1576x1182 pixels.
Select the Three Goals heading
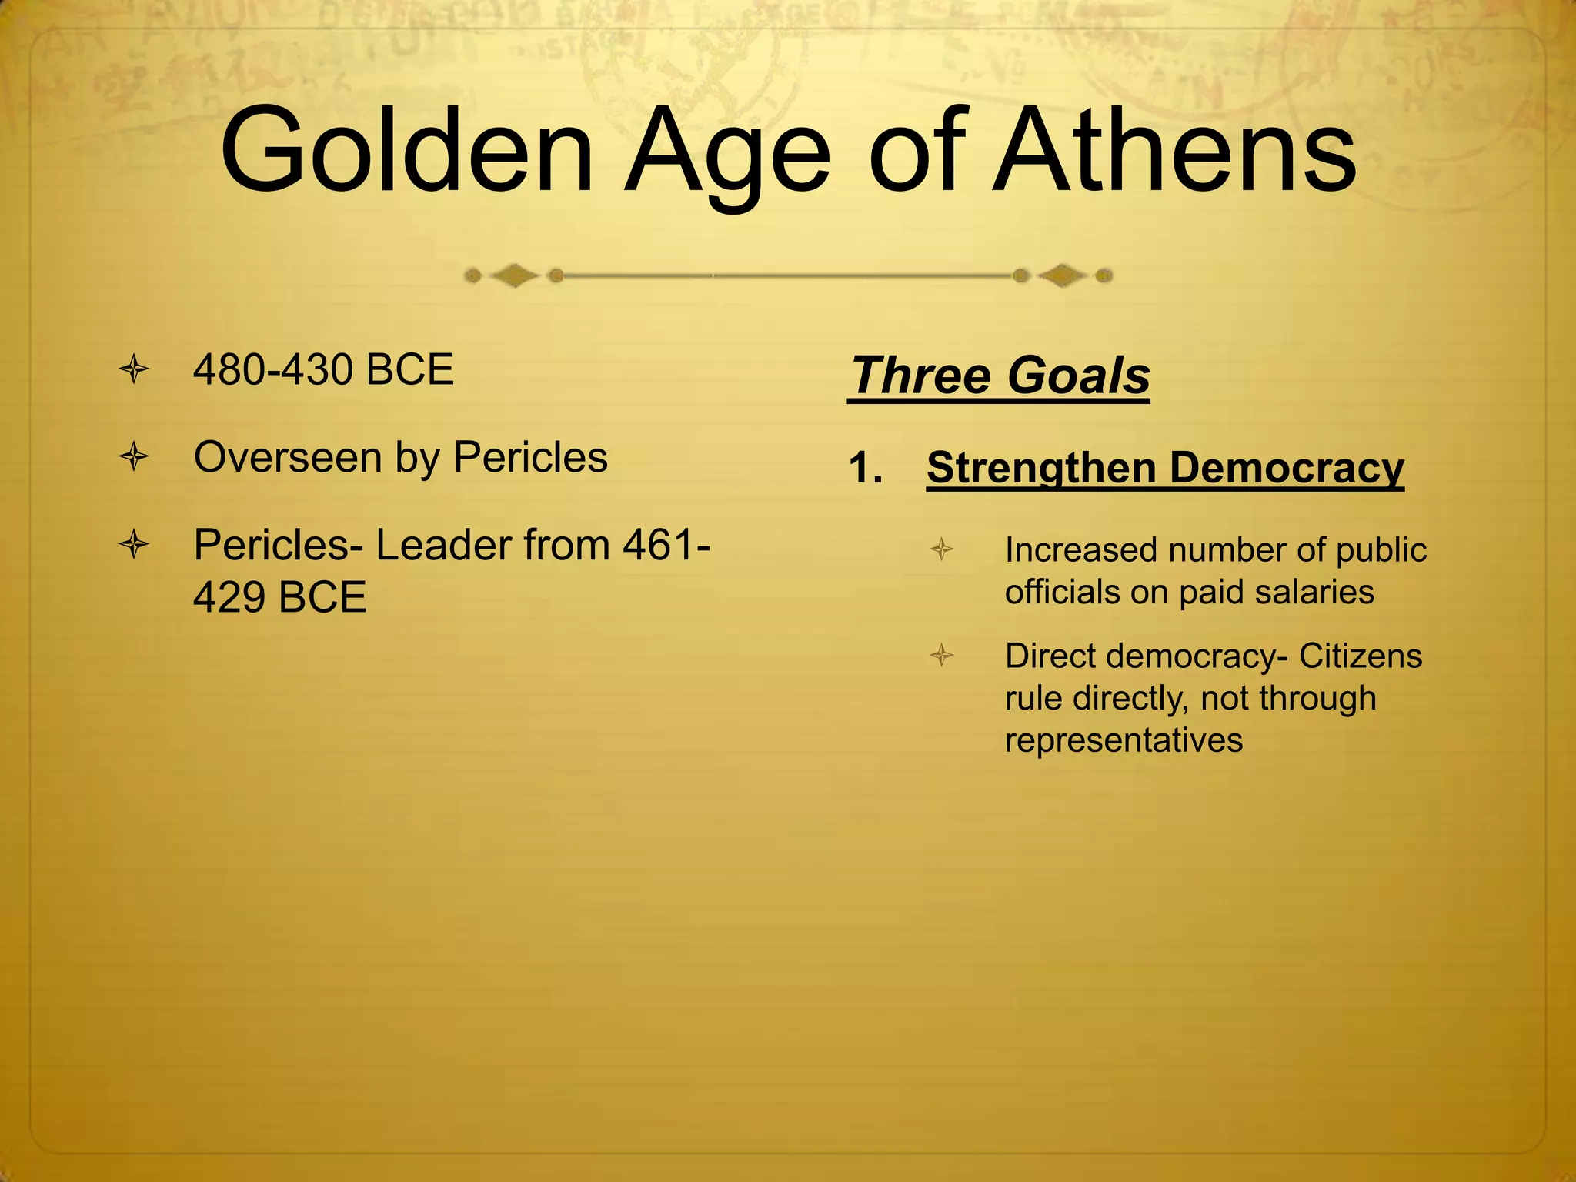pyautogui.click(x=1000, y=376)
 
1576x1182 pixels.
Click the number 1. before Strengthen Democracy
pyautogui.click(x=865, y=468)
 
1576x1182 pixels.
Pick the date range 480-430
pyautogui.click(x=274, y=370)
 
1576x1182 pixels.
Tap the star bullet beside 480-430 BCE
pyautogui.click(x=134, y=370)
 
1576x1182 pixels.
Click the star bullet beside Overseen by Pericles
pyautogui.click(x=134, y=458)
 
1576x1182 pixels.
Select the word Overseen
pyautogui.click(x=287, y=458)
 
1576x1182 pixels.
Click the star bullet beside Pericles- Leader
pyautogui.click(x=134, y=546)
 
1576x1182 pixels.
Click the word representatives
pyautogui.click(x=1124, y=740)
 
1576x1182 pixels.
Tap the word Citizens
pyautogui.click(x=1361, y=656)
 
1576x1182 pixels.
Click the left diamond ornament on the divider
pyautogui.click(x=514, y=275)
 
